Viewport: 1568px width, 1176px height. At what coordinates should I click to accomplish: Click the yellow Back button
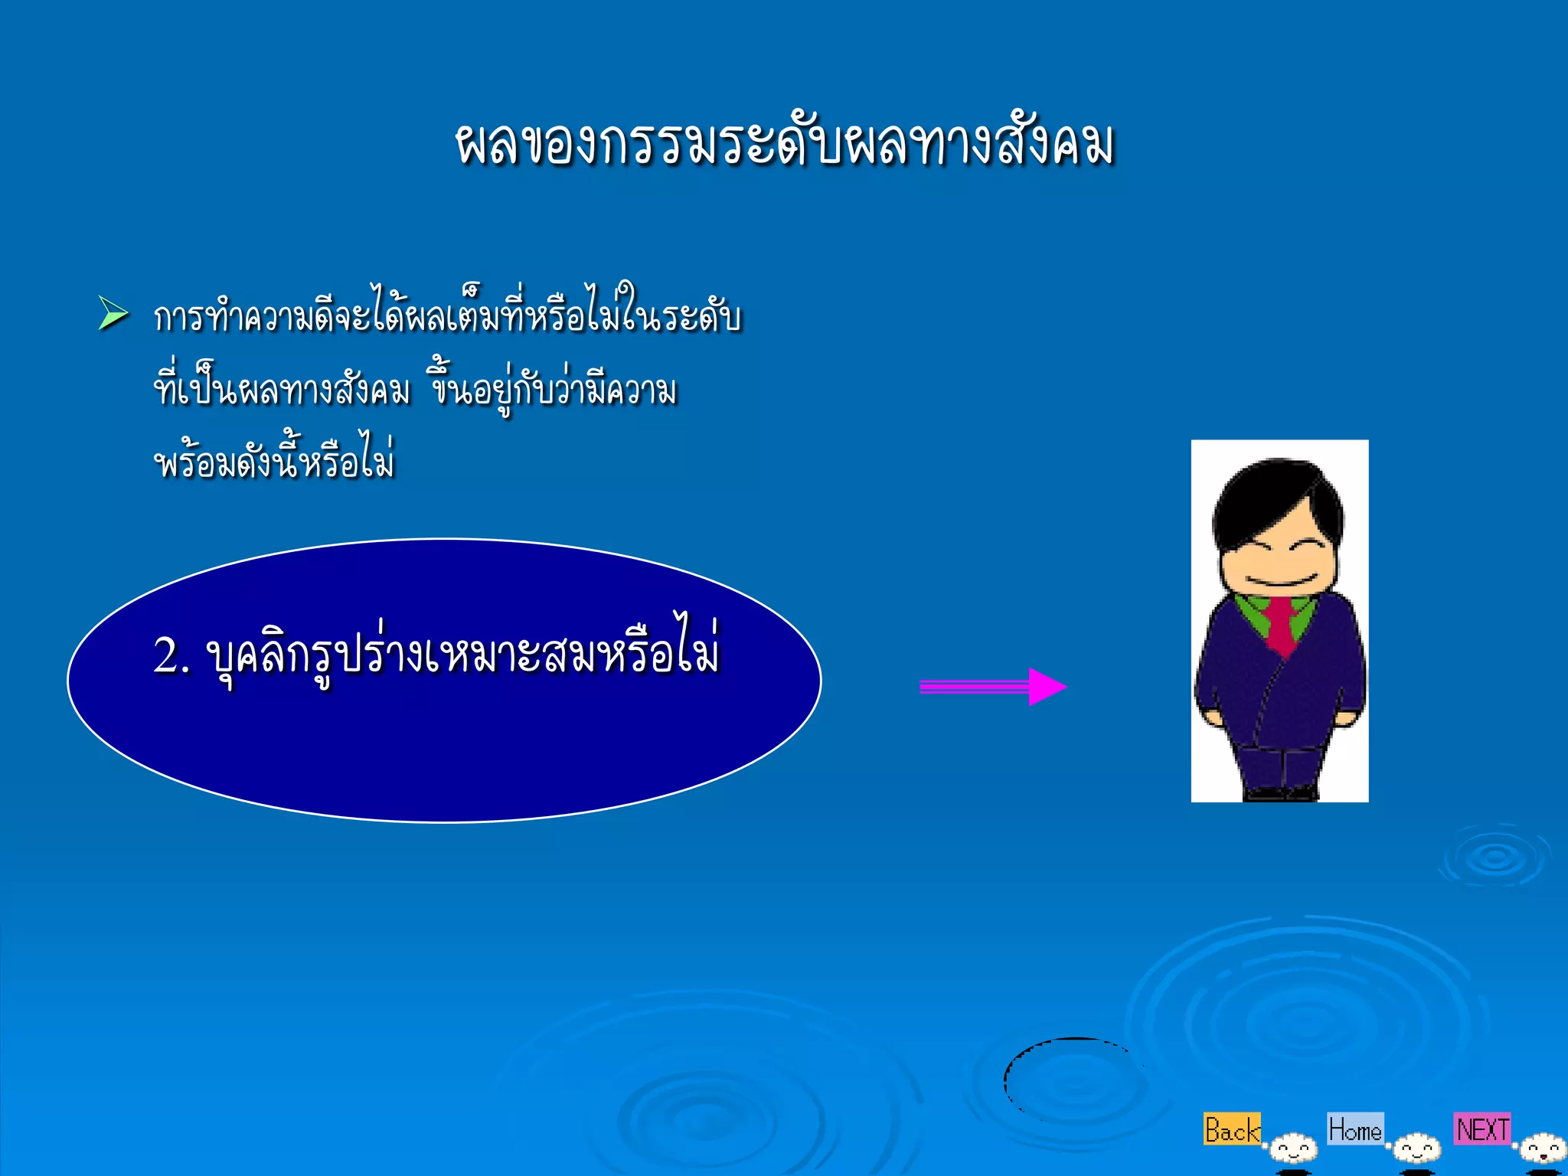[1231, 1129]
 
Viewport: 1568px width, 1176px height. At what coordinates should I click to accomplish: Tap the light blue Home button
[1354, 1129]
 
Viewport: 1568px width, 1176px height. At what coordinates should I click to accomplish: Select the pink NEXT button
[1482, 1129]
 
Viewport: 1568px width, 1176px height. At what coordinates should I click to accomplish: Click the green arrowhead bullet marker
[113, 314]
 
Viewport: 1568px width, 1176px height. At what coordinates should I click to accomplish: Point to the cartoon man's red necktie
[1280, 625]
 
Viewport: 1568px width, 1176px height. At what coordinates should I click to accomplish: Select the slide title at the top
[784, 144]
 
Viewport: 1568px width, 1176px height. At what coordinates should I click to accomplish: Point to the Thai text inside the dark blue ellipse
[462, 655]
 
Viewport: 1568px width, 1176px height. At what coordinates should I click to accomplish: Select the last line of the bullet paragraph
[274, 462]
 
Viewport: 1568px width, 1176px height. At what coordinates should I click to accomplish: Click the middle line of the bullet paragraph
[415, 389]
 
